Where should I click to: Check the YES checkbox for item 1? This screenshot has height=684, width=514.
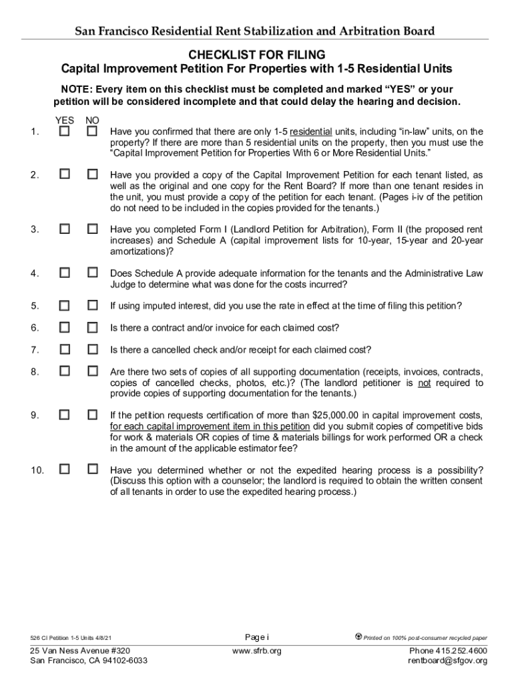point(64,132)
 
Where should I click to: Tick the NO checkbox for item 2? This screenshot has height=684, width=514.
point(93,174)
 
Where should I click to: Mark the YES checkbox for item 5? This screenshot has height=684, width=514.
point(64,305)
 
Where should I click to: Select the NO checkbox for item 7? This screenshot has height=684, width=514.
point(93,349)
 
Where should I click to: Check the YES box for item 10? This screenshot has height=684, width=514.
point(64,469)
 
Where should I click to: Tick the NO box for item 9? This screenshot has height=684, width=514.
point(93,415)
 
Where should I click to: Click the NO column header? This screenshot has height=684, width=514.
point(92,120)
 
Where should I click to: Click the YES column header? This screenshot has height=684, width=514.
point(64,120)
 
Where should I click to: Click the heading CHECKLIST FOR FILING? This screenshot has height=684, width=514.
point(257,55)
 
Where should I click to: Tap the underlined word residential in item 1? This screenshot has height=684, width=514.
point(310,132)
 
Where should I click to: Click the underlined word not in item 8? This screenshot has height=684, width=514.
point(424,383)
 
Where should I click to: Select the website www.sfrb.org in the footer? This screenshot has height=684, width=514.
point(257,651)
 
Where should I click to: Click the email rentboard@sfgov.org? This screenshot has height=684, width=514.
point(447,661)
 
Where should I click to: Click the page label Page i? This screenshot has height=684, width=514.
point(257,636)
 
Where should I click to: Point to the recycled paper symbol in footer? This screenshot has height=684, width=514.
point(358,637)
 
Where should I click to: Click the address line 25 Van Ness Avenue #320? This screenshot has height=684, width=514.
point(80,651)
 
